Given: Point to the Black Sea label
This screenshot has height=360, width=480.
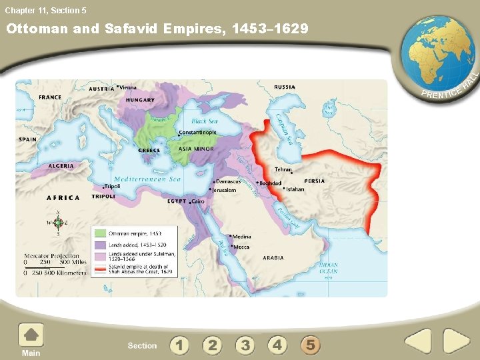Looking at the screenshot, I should (204, 121).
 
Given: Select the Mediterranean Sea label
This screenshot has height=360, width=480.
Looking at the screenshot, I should (147, 179).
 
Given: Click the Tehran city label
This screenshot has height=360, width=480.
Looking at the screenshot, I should (283, 170).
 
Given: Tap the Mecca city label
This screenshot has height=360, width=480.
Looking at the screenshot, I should (240, 247).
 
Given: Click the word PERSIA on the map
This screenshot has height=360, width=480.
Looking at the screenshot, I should (315, 181).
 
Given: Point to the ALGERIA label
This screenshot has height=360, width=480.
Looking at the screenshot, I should (61, 165).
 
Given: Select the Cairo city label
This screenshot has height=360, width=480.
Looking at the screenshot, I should (198, 201).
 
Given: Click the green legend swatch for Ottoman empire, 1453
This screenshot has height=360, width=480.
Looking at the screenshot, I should (100, 233).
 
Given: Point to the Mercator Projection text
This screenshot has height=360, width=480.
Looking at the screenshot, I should (51, 255).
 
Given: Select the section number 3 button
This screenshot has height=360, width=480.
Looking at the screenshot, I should (245, 345).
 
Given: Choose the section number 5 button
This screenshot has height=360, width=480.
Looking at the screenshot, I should (309, 345).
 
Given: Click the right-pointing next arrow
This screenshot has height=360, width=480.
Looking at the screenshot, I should (457, 341).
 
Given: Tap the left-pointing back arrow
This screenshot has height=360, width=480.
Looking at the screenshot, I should (418, 341).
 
